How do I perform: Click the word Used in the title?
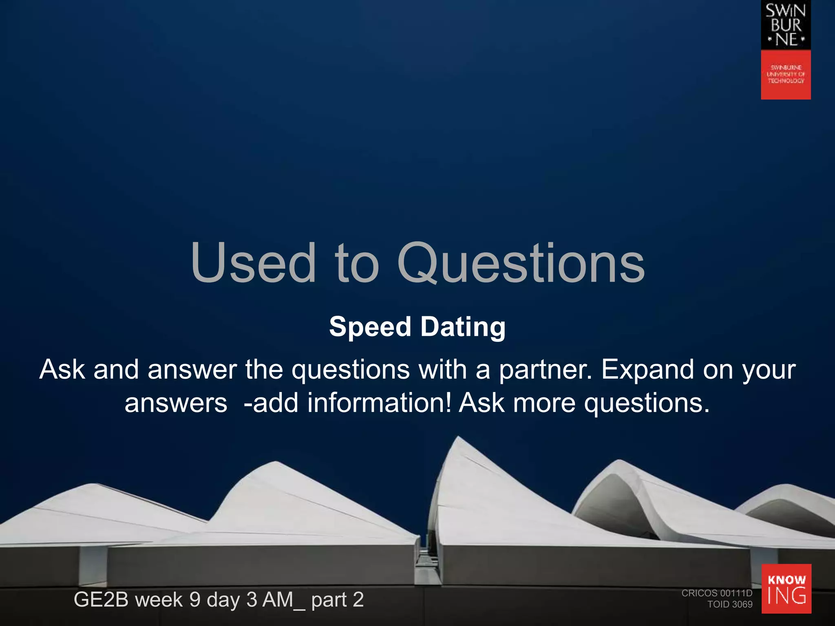[x=253, y=263]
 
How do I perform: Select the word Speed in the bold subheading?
[x=370, y=327]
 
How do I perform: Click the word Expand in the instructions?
[x=648, y=370]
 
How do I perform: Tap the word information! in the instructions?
[x=379, y=403]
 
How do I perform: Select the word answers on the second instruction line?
[x=176, y=403]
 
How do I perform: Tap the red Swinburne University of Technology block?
[x=786, y=75]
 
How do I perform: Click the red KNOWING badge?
[x=786, y=589]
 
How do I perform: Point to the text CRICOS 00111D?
[x=717, y=593]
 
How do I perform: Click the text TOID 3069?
[x=730, y=604]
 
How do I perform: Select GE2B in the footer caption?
[x=101, y=600]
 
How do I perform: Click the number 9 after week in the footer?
[x=195, y=600]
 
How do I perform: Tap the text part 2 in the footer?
[x=337, y=600]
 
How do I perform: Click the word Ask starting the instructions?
[x=62, y=370]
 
